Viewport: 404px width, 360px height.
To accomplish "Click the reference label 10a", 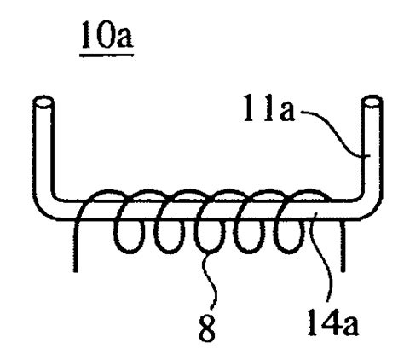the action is click(x=107, y=35).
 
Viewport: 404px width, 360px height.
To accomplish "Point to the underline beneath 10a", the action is click(x=107, y=55).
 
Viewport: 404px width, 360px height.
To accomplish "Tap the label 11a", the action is click(x=269, y=109).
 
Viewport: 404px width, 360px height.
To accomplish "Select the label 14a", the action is click(x=333, y=322).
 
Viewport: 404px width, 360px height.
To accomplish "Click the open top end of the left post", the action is click(x=43, y=102).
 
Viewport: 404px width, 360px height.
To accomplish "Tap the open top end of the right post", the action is click(x=372, y=102).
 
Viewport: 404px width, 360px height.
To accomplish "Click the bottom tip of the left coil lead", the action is click(x=75, y=271).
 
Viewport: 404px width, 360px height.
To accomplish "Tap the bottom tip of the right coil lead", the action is click(x=343, y=270).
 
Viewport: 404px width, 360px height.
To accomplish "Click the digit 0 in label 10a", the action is click(x=104, y=35).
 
